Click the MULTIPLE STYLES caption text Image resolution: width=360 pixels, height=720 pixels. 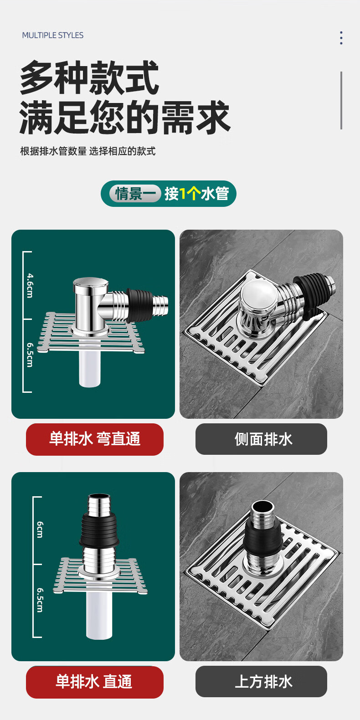[53, 36]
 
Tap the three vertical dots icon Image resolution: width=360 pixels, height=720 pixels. [341, 38]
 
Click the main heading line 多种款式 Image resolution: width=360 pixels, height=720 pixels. [89, 77]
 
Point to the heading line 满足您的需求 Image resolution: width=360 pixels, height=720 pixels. [125, 117]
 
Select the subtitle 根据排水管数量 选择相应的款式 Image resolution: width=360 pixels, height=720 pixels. [88, 151]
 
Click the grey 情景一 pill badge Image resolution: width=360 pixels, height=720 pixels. [135, 194]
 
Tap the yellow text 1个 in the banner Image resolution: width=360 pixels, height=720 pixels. [190, 194]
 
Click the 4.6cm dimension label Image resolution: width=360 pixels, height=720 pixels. [30, 285]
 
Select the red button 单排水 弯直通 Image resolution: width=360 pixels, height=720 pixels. [95, 439]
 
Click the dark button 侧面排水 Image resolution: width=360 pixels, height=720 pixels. [261, 439]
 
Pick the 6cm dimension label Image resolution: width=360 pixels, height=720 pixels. [40, 530]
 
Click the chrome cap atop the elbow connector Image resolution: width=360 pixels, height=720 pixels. [91, 283]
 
